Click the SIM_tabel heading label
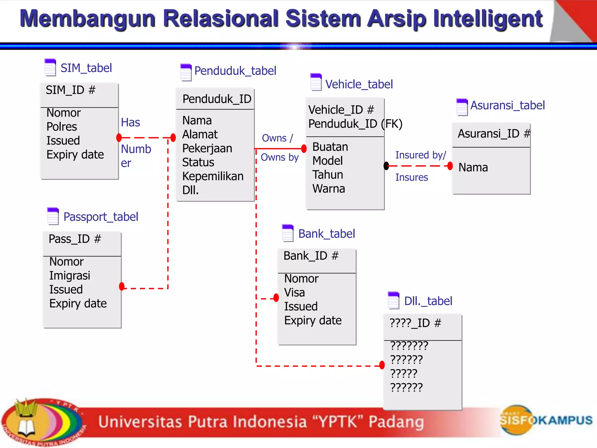click(x=86, y=68)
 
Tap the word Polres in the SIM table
click(x=62, y=127)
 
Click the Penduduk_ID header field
click(x=217, y=99)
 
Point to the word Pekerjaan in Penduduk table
click(x=207, y=148)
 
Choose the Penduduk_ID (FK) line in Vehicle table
click(x=355, y=124)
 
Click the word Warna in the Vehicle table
click(x=329, y=189)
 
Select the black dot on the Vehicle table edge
click(x=387, y=166)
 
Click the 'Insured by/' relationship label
click(x=420, y=155)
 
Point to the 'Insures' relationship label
click(x=411, y=177)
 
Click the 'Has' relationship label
click(x=130, y=122)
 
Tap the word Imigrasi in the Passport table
click(x=70, y=275)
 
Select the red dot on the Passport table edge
click(x=122, y=286)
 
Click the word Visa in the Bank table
click(x=294, y=293)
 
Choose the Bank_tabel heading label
click(x=326, y=234)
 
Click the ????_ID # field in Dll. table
click(x=415, y=323)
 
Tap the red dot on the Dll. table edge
click(x=382, y=365)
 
